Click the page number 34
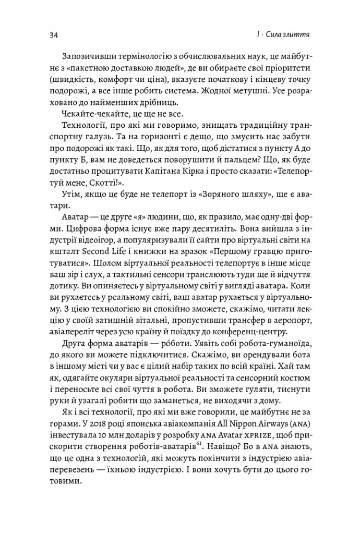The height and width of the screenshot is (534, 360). (x=54, y=35)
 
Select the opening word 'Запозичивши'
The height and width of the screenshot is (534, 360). (x=87, y=56)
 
